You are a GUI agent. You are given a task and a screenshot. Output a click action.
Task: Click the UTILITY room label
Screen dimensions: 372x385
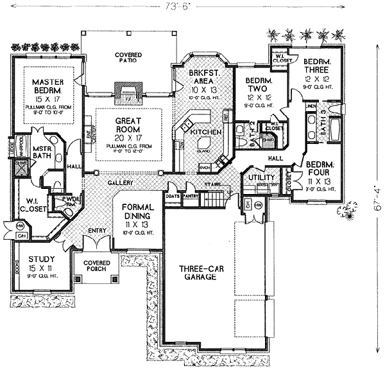[x=261, y=177]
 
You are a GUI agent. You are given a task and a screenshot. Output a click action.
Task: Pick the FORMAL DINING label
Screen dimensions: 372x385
[x=135, y=212]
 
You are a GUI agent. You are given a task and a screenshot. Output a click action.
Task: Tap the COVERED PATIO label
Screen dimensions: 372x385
[x=128, y=59]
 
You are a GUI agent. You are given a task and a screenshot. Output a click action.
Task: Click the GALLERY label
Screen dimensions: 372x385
[x=120, y=183]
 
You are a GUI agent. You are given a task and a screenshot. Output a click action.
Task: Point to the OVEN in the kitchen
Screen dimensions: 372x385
[x=205, y=168]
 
